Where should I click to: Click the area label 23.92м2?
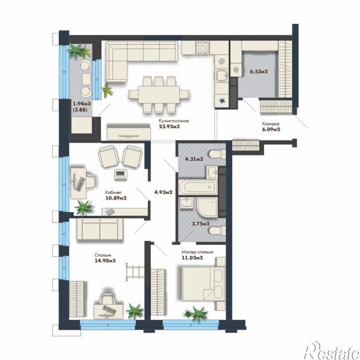[x=169, y=126]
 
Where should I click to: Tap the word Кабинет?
[x=113, y=192]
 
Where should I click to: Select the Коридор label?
[x=271, y=124]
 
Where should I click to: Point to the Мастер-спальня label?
[x=197, y=252]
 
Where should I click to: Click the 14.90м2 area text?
[x=105, y=261]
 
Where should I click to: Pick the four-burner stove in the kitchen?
[x=203, y=48]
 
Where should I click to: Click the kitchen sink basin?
[x=222, y=76]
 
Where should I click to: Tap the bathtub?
[x=198, y=187]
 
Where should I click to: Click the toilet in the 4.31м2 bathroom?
[x=217, y=153]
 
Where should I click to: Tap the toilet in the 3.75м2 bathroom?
[x=217, y=230]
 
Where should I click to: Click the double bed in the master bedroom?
[x=203, y=284]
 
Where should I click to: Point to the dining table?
[x=159, y=94]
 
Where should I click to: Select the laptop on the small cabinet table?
[x=121, y=175]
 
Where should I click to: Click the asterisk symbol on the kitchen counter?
[x=222, y=100]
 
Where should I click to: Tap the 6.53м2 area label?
[x=259, y=72]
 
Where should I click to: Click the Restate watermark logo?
[x=332, y=351]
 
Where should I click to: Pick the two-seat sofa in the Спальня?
[x=100, y=229]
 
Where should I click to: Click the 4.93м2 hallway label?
[x=163, y=192]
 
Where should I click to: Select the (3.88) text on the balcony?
[x=80, y=110]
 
